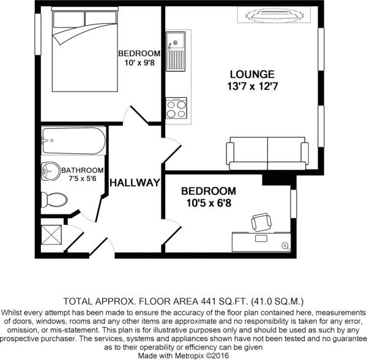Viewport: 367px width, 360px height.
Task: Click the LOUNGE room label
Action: click(252, 75)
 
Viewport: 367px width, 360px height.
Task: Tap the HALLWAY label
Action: click(135, 183)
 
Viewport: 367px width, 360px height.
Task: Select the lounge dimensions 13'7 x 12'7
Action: click(253, 87)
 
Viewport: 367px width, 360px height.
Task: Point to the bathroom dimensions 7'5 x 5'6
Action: click(83, 178)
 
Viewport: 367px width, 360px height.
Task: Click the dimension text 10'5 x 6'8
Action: click(209, 203)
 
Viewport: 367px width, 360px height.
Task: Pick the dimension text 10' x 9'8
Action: click(139, 63)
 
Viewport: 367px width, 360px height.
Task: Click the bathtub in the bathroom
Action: click(73, 141)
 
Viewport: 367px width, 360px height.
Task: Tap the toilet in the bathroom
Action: click(54, 200)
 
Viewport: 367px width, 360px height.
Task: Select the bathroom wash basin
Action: click(51, 171)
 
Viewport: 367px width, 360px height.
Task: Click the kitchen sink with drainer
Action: click(176, 51)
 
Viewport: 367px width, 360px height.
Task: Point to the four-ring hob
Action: click(177, 108)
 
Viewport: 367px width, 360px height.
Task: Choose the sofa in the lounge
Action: click(267, 153)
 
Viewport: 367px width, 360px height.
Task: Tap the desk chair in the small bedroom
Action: click(261, 222)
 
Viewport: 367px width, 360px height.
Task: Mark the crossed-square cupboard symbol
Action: click(51, 235)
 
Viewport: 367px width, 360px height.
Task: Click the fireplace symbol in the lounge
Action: click(274, 15)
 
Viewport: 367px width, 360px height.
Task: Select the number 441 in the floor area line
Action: click(207, 301)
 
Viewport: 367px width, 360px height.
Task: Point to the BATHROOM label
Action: click(83, 171)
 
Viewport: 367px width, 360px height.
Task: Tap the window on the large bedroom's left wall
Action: click(38, 34)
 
